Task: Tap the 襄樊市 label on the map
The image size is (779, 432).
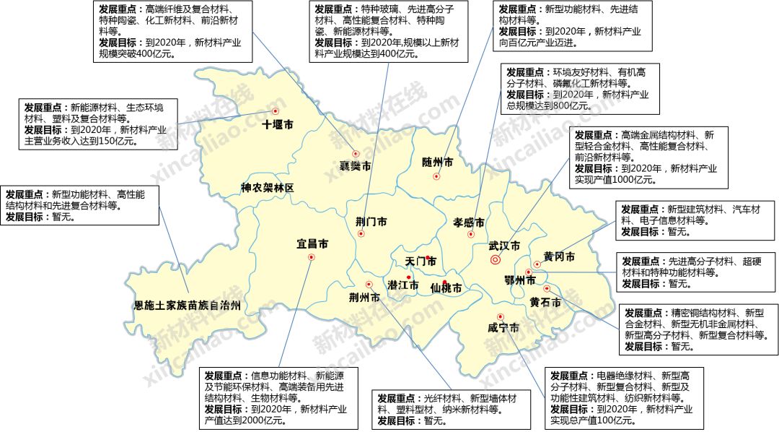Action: tap(356, 166)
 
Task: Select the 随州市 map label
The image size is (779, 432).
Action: tap(438, 163)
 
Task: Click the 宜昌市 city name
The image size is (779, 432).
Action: tap(312, 244)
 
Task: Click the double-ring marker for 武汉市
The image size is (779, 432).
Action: tap(496, 259)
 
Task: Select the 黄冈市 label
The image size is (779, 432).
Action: tap(559, 256)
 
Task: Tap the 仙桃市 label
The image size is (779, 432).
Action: tap(445, 288)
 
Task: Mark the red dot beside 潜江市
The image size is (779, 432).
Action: tap(409, 277)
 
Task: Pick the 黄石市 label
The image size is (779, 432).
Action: tap(545, 303)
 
